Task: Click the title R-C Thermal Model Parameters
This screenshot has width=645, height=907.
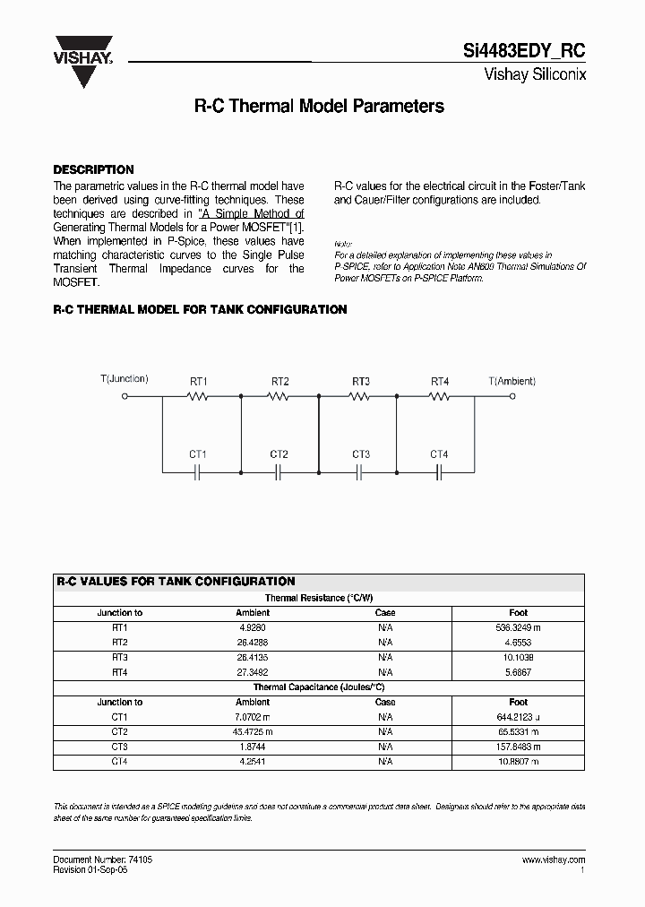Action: click(319, 107)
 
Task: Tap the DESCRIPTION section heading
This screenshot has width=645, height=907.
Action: click(93, 169)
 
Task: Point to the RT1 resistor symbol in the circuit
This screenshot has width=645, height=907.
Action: click(199, 395)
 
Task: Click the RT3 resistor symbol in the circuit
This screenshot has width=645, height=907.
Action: click(360, 395)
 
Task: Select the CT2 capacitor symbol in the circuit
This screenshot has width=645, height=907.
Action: click(279, 471)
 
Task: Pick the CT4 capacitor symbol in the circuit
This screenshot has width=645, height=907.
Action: click(439, 471)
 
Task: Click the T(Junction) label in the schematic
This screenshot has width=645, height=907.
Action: click(125, 379)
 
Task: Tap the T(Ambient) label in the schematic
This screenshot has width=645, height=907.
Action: click(513, 381)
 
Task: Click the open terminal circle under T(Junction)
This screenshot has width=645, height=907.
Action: click(125, 395)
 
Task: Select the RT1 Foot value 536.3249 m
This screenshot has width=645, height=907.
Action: click(518, 628)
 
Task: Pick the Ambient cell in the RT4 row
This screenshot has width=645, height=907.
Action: click(252, 672)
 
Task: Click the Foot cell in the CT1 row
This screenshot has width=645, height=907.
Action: click(518, 717)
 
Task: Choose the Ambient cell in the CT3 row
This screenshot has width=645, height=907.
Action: click(252, 747)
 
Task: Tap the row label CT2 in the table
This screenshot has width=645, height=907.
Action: click(120, 732)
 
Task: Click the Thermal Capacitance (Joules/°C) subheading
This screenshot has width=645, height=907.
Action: click(319, 687)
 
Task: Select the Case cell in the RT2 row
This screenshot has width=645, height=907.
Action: click(385, 643)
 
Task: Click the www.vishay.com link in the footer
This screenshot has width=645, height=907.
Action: click(553, 859)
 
